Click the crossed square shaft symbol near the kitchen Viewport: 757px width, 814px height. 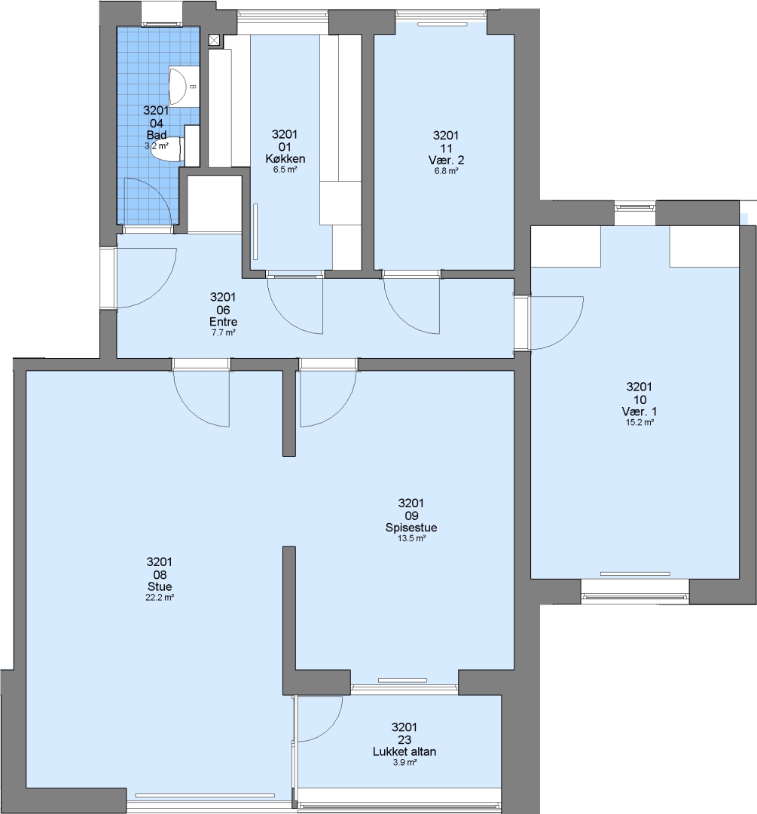click(215, 40)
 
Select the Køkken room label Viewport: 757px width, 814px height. click(285, 158)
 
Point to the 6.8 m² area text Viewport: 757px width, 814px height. click(446, 171)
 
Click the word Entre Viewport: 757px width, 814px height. click(223, 321)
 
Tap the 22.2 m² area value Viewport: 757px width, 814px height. click(160, 598)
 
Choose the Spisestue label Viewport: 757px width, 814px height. click(411, 528)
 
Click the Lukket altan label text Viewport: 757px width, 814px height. click(404, 751)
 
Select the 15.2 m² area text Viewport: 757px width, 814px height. click(639, 423)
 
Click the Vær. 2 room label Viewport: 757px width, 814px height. click(446, 160)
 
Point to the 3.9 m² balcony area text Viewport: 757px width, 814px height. click(404, 763)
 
